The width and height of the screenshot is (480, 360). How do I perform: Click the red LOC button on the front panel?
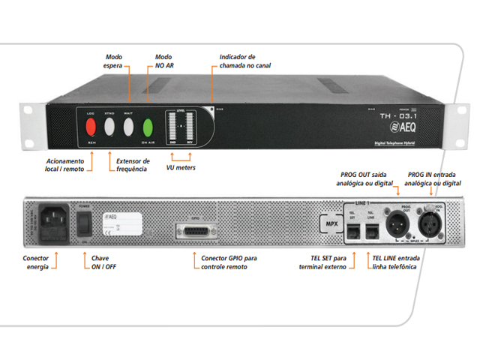pyautogui.click(x=91, y=126)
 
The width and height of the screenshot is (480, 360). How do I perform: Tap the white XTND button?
pyautogui.click(x=109, y=126)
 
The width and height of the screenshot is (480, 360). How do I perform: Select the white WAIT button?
pyautogui.click(x=128, y=126)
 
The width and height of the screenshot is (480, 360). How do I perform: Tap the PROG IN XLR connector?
pyautogui.click(x=432, y=225)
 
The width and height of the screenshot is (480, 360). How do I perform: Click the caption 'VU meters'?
pyautogui.click(x=181, y=169)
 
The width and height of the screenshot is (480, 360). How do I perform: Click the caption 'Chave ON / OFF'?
pyautogui.click(x=104, y=262)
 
